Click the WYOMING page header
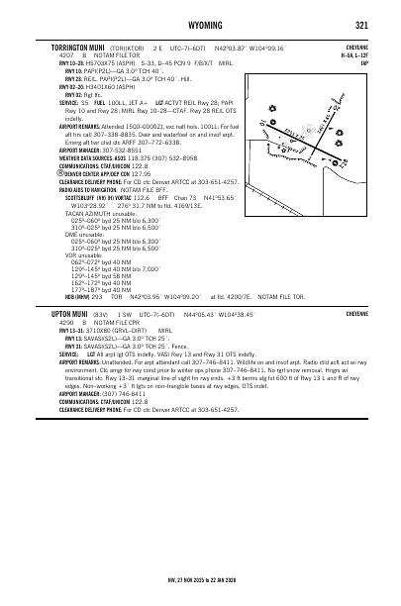coord(200,25)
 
